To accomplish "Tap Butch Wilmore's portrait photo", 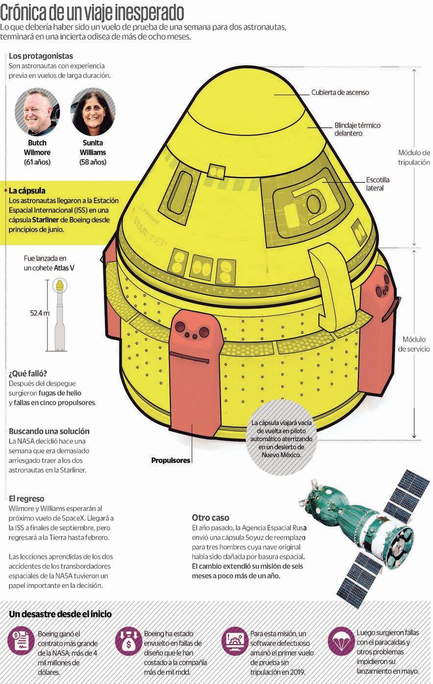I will point(37,112).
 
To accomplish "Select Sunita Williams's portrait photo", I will point(93,112).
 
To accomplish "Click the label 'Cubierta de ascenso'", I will point(340,92).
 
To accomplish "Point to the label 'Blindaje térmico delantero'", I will point(357,129).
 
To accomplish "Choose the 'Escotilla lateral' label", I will point(378,184).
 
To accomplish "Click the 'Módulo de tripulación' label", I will point(413,157).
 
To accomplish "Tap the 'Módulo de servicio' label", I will point(413,344).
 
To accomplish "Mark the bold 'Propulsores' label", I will point(170,461).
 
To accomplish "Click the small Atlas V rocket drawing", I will point(59,313).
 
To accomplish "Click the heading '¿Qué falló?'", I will point(28,373).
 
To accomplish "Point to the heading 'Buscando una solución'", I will point(49,431).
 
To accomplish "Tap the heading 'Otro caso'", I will point(210,517).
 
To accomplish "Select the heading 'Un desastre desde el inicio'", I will point(60,614).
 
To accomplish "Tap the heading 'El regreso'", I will point(26,499).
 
